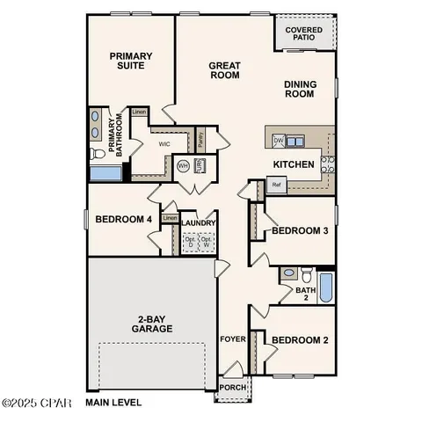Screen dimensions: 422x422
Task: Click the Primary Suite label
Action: click(x=131, y=62)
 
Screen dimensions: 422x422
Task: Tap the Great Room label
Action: click(x=225, y=70)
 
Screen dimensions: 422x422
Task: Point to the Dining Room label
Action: click(x=300, y=90)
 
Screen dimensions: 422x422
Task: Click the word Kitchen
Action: click(x=294, y=164)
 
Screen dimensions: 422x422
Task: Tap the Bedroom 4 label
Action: click(x=123, y=219)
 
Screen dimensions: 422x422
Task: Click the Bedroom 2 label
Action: click(x=299, y=340)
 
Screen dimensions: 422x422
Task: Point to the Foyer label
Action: click(x=231, y=337)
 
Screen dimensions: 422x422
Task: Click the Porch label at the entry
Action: click(x=233, y=387)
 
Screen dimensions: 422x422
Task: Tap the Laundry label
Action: click(x=200, y=223)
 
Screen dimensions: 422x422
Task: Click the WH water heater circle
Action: click(x=184, y=165)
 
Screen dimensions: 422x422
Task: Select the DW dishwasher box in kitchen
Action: click(x=278, y=140)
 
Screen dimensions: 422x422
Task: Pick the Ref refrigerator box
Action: click(x=276, y=185)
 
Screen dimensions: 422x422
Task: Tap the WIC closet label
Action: click(x=164, y=142)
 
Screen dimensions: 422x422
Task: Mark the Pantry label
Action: click(x=201, y=139)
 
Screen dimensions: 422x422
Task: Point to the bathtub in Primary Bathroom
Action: click(x=105, y=171)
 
